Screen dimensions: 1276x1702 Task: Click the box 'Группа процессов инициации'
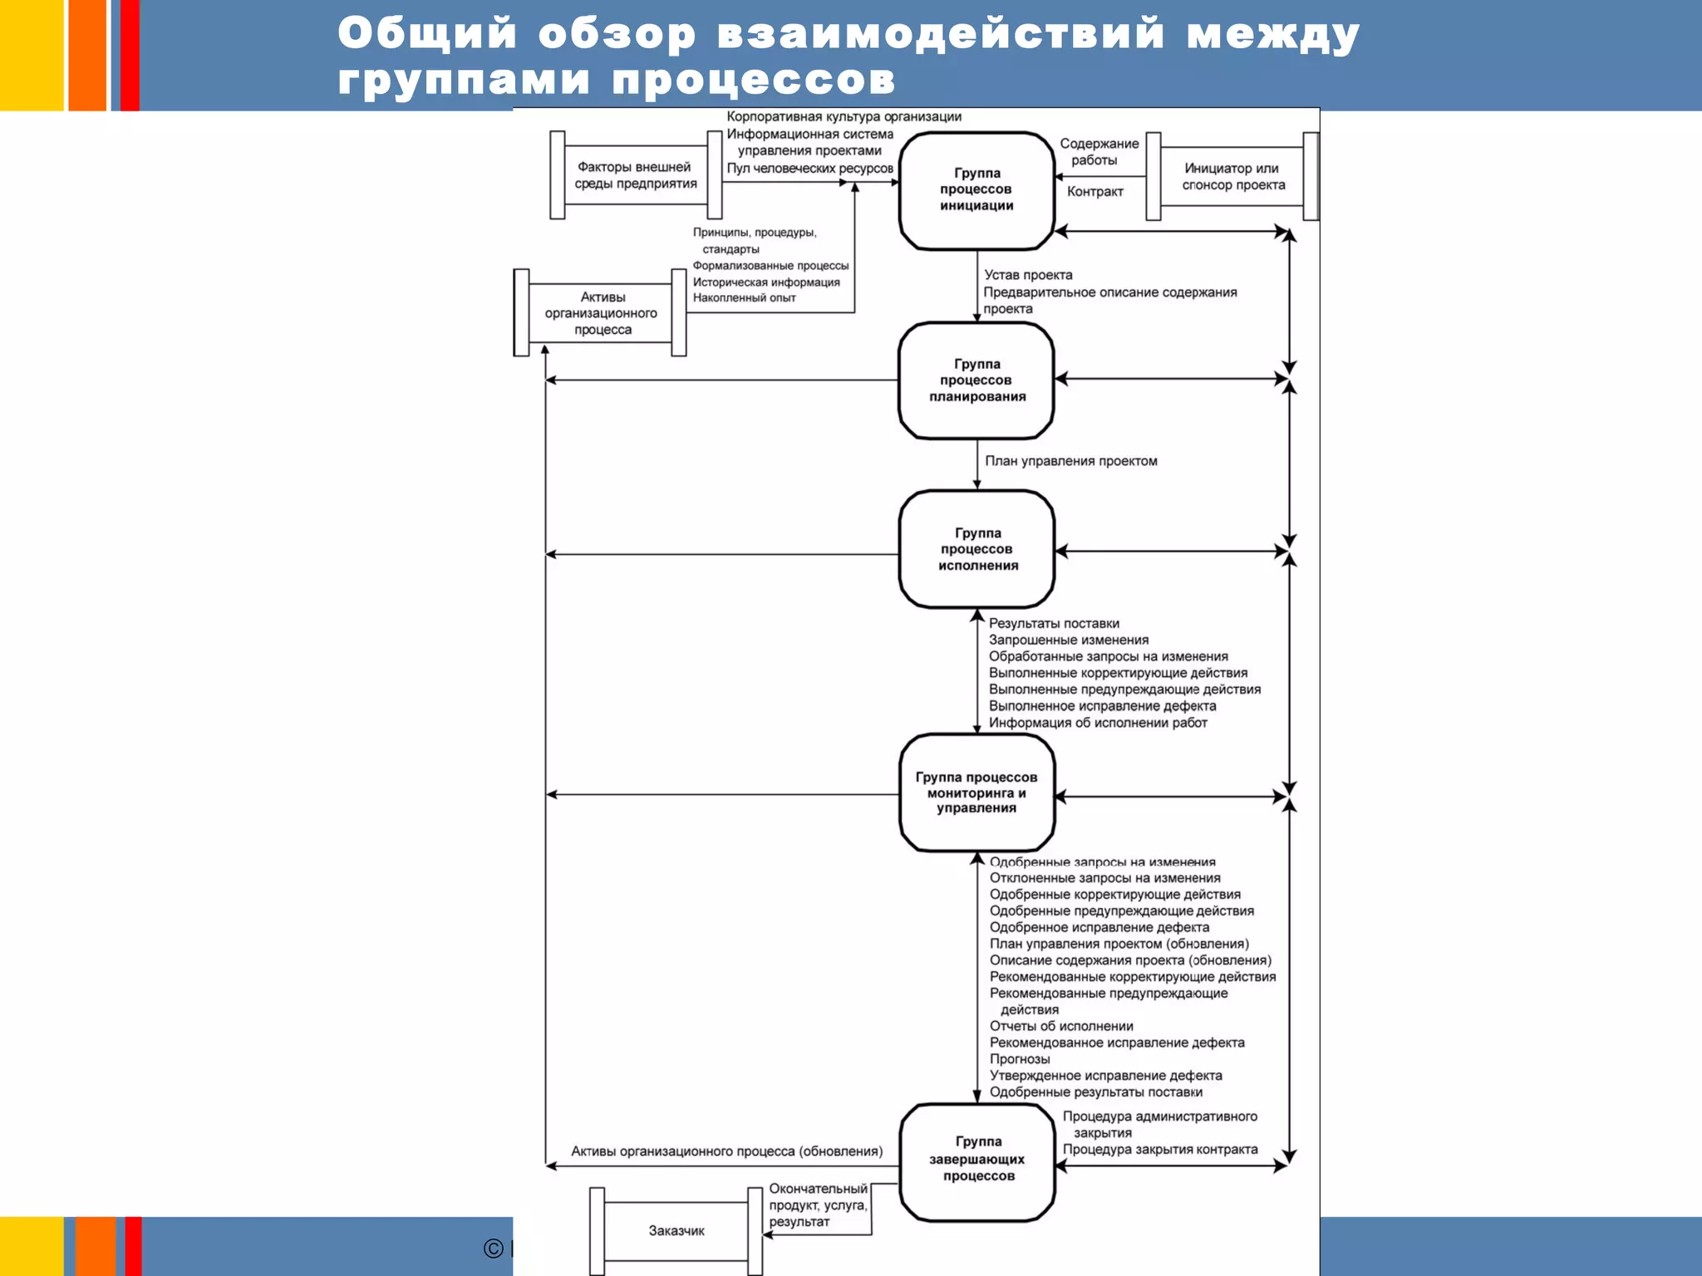[x=976, y=190]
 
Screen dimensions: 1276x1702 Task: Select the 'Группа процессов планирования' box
[x=976, y=380]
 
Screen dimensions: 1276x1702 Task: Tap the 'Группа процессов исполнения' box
[x=977, y=549]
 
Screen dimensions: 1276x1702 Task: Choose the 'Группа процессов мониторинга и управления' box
[x=976, y=793]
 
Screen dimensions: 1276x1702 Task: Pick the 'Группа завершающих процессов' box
[x=977, y=1159]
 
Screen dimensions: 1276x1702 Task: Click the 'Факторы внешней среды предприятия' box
[x=636, y=175]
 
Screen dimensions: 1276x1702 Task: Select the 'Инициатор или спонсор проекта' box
[x=1232, y=176]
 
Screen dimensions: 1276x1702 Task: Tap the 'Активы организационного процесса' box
[x=601, y=313]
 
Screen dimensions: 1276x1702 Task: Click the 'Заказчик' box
[x=676, y=1231]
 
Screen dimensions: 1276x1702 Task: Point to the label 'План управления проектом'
[x=1070, y=461]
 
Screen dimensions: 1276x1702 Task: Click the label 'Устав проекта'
[x=1028, y=275]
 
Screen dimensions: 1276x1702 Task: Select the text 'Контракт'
[x=1094, y=192]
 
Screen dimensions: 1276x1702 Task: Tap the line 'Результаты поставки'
[x=1054, y=624]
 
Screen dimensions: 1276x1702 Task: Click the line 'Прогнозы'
[x=1020, y=1059]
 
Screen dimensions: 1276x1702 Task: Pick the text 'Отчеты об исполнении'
[x=1061, y=1026]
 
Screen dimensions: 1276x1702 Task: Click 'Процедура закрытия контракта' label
[x=1159, y=1150]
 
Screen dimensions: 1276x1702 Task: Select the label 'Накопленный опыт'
[x=744, y=298]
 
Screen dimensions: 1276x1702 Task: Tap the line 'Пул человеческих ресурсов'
[x=809, y=169]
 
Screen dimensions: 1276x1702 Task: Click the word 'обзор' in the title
[x=617, y=34]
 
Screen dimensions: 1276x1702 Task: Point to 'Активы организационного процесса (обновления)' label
[x=726, y=1151]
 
